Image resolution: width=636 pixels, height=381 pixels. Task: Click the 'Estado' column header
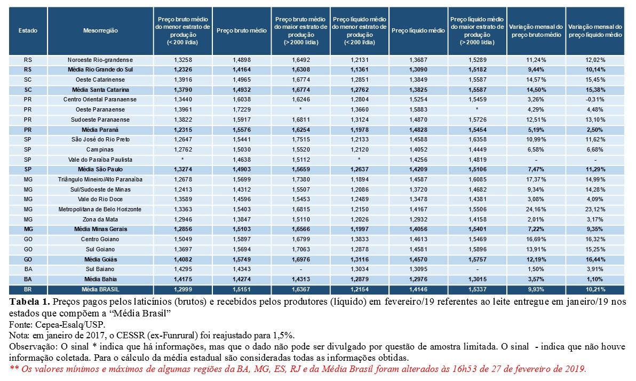[28, 31]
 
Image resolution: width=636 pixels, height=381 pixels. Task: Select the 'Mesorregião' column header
[100, 31]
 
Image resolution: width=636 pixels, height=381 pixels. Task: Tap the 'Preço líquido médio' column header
[418, 31]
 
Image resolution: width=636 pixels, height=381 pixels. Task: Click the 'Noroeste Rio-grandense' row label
[100, 60]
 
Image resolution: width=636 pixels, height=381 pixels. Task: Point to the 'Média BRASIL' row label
[100, 289]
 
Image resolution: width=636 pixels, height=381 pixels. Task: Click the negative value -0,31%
[595, 100]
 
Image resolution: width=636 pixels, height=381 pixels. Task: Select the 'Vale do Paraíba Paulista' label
[100, 160]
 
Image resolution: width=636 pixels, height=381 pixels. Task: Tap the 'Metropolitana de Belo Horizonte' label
[100, 209]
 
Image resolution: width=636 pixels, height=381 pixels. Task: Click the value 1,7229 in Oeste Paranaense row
[242, 109]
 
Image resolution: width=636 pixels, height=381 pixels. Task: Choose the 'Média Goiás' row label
[100, 259]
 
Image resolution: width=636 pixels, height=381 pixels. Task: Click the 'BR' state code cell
[28, 289]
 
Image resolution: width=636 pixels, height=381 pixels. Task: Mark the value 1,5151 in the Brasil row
[242, 289]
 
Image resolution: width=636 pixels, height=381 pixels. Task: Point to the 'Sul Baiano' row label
[100, 269]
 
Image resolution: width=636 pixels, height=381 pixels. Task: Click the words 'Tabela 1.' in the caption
[26, 302]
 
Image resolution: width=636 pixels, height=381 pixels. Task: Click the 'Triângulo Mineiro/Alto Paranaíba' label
[100, 179]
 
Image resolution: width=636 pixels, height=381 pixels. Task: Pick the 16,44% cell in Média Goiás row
[595, 259]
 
